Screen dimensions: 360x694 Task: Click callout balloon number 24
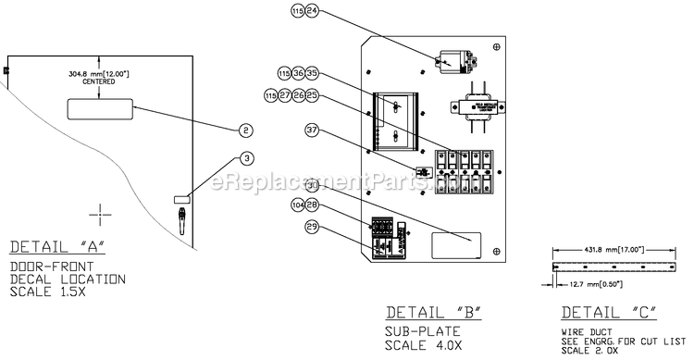click(312, 12)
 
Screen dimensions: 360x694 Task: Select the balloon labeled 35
click(312, 72)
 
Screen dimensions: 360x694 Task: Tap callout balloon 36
click(298, 72)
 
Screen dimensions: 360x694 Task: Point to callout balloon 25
click(312, 95)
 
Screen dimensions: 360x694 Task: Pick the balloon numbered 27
click(285, 95)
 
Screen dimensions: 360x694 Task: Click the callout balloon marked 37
click(312, 130)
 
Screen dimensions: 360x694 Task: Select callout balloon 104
click(298, 205)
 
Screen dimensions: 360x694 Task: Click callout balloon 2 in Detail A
click(246, 130)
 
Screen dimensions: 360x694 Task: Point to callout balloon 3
click(246, 158)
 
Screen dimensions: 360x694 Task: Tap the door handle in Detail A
click(181, 220)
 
